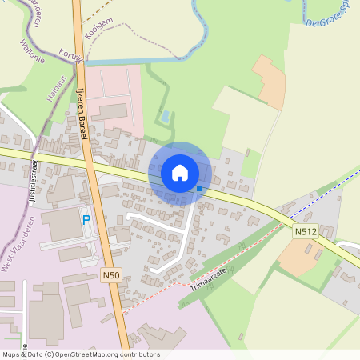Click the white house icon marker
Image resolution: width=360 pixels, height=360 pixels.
(179, 172)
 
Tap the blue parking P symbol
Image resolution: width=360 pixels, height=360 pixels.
(86, 219)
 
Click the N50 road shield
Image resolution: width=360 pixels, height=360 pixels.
(111, 275)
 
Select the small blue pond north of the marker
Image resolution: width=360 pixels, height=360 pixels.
(165, 117)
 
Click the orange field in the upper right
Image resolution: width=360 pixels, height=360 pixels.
(270, 82)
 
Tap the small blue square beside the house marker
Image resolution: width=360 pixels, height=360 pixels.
(198, 189)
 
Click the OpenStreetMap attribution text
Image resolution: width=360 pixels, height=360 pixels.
(81, 354)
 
